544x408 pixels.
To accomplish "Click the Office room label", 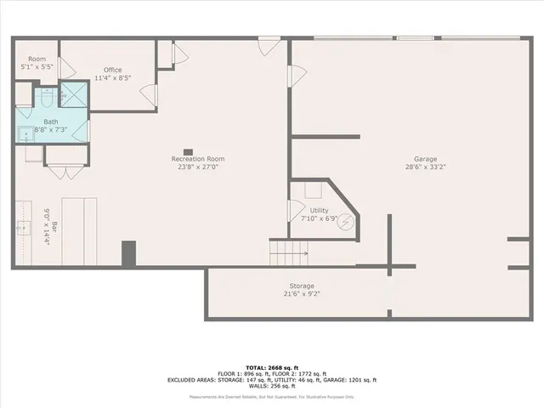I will (113, 70).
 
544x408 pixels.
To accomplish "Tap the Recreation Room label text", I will (197, 159).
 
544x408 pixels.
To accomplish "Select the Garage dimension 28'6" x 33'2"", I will (425, 167).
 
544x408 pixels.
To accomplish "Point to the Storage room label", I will (302, 286).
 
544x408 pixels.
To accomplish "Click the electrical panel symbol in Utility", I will (346, 218).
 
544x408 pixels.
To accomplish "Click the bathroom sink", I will (25, 133).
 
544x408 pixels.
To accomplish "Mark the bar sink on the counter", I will (22, 227).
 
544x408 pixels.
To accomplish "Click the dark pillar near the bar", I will (128, 254).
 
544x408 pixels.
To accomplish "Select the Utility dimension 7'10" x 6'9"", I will (320, 218).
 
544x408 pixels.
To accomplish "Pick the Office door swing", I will (148, 95).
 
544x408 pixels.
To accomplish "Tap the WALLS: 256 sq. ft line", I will (272, 387).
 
